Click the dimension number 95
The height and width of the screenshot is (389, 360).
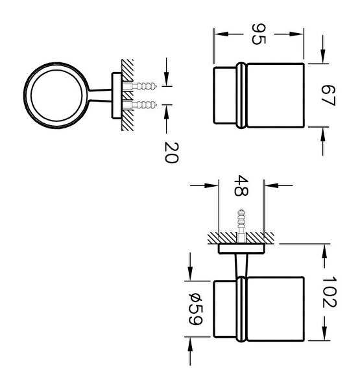pyautogui.click(x=258, y=34)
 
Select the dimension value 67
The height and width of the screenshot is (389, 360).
pyautogui.click(x=328, y=95)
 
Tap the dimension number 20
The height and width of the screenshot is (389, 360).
pyautogui.click(x=171, y=152)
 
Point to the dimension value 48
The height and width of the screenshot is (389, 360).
pyautogui.click(x=241, y=185)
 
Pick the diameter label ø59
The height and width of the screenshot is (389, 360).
pyautogui.click(x=196, y=309)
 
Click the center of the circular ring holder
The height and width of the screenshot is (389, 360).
pyautogui.click(x=56, y=95)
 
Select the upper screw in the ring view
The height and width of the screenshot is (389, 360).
pyautogui.click(x=139, y=86)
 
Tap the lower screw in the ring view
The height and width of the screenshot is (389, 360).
pyautogui.click(x=139, y=104)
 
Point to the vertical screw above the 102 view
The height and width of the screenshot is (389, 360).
pyautogui.click(x=241, y=225)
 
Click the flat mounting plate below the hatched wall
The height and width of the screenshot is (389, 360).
pyautogui.click(x=241, y=249)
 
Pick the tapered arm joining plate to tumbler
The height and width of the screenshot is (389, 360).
pyautogui.click(x=241, y=265)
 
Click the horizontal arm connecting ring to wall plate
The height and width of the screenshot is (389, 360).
pyautogui.click(x=101, y=95)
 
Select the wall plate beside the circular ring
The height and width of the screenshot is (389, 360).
pyautogui.click(x=117, y=95)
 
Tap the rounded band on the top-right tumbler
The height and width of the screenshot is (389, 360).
pyautogui.click(x=241, y=95)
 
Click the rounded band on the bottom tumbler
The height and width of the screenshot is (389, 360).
pyautogui.click(x=241, y=309)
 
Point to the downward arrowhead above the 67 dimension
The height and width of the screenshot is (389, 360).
pyautogui.click(x=323, y=56)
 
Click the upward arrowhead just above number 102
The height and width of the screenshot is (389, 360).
pyautogui.click(x=324, y=252)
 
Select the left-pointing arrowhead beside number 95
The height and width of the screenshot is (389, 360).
pyautogui.click(x=221, y=34)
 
